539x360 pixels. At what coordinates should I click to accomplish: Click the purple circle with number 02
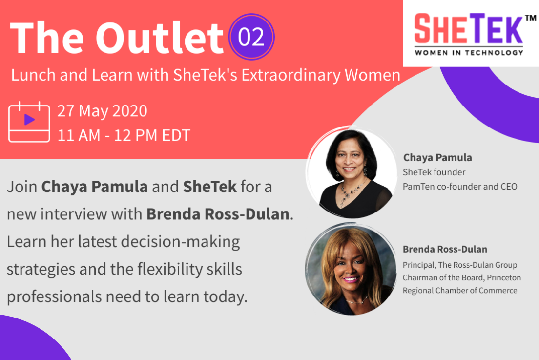click(251, 37)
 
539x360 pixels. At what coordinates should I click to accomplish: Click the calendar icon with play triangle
click(29, 122)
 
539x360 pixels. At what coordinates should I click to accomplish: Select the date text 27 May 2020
click(102, 111)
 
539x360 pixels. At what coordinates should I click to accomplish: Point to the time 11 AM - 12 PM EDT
click(124, 135)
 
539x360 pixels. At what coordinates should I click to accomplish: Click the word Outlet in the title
click(159, 37)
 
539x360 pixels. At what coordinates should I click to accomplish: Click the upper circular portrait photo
click(351, 172)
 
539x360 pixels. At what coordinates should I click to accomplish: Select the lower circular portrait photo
click(351, 269)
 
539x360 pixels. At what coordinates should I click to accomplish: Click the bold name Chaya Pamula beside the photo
click(437, 157)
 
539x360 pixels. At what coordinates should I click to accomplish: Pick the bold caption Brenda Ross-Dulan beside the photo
click(445, 249)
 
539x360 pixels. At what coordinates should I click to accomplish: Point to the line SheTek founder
click(434, 172)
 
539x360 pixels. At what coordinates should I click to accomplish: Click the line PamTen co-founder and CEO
click(460, 187)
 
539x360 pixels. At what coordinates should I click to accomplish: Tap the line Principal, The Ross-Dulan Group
click(460, 265)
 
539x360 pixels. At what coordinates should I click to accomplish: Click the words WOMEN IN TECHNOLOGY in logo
click(469, 53)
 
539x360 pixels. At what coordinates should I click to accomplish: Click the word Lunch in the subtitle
click(33, 75)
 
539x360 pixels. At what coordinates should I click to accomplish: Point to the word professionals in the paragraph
click(54, 296)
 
